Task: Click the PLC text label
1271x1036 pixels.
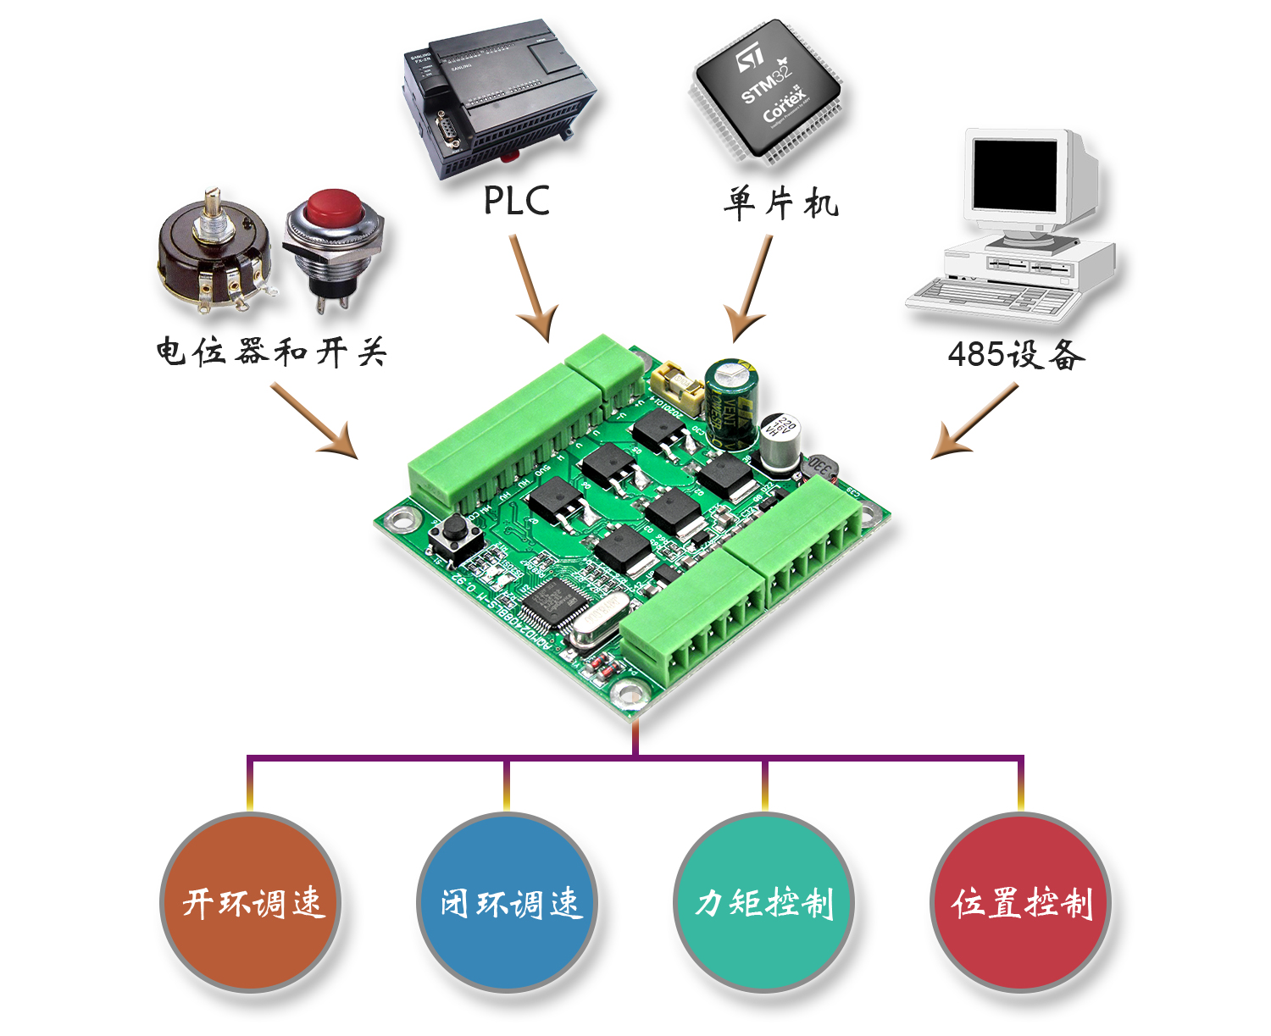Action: click(516, 201)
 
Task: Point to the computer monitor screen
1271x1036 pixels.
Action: click(1014, 176)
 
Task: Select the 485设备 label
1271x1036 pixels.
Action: click(1016, 354)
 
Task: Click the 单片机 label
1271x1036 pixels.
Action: click(780, 204)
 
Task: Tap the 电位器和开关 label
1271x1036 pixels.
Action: click(270, 352)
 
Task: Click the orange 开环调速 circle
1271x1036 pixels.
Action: click(252, 902)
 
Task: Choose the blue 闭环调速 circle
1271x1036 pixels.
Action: click(508, 902)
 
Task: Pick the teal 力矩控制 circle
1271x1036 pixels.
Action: click(764, 902)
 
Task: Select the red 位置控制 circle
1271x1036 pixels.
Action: click(1021, 902)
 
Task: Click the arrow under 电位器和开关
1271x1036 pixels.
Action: click(314, 421)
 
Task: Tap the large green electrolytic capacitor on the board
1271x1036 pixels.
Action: click(730, 398)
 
